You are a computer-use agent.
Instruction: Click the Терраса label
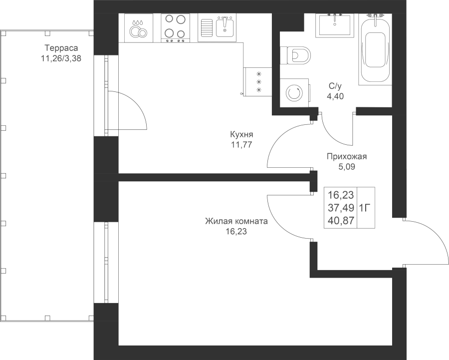tap(61, 48)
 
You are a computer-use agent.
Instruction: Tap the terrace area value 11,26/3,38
tap(61, 58)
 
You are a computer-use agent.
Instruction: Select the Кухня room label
tap(241, 135)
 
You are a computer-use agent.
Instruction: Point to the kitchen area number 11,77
tap(241, 144)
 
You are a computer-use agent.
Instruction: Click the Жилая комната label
tap(236, 222)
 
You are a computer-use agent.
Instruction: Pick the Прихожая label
tap(347, 157)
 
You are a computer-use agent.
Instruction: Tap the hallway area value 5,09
tap(347, 167)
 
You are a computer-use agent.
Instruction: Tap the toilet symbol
tap(296, 54)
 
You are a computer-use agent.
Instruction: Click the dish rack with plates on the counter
tap(138, 27)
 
